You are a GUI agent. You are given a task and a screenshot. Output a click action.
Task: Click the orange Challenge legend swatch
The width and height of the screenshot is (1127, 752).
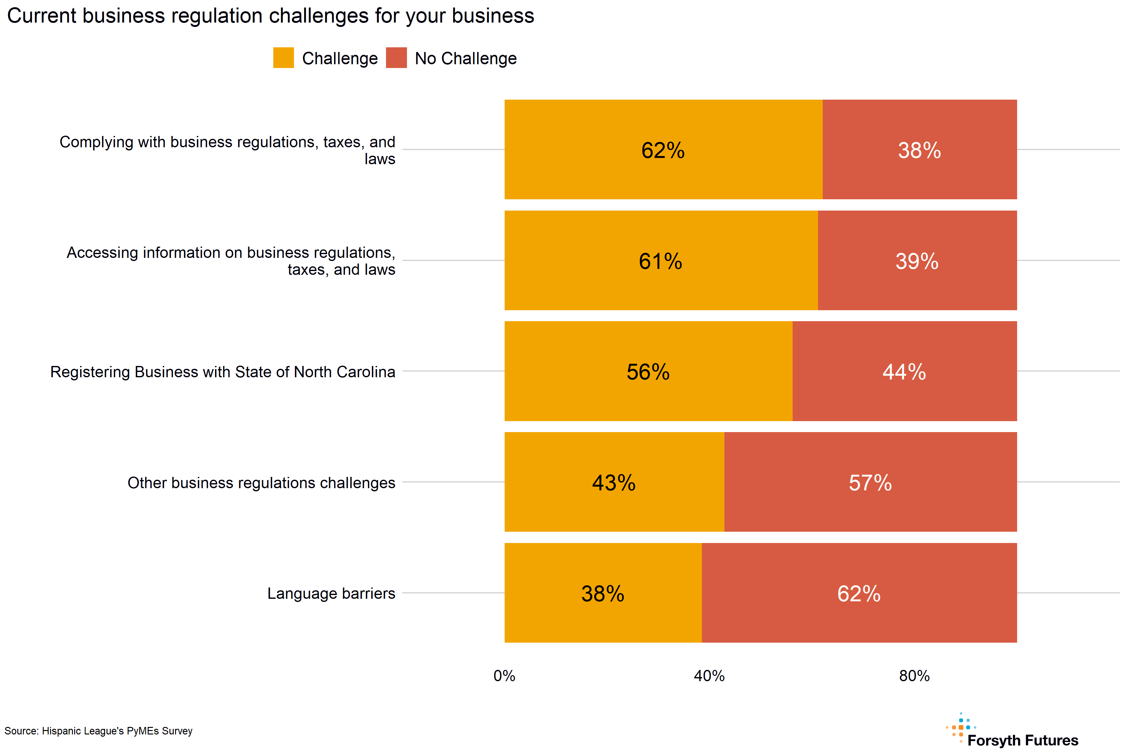coord(283,58)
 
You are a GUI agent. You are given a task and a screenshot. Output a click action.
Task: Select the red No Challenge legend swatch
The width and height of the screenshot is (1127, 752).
coord(396,58)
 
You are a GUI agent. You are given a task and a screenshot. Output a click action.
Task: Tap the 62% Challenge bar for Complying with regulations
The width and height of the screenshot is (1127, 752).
coord(663,150)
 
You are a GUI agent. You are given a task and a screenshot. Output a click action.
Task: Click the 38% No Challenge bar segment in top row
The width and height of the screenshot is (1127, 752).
coord(919,150)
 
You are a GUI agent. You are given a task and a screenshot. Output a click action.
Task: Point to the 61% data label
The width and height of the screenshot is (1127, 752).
coord(660,261)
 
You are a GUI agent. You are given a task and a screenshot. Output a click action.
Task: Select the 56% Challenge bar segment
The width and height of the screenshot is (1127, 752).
coord(648,371)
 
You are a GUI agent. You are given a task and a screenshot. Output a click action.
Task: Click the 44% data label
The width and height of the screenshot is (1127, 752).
coord(904,372)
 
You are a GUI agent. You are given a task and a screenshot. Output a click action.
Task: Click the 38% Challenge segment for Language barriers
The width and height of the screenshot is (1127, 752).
coord(603,593)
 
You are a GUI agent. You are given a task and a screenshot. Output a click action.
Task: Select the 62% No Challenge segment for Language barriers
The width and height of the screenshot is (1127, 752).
coord(859,593)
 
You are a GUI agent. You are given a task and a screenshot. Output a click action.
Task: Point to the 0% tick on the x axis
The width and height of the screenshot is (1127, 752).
coord(504,676)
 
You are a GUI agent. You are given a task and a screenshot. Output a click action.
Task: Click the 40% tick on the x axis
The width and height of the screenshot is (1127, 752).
coord(709,676)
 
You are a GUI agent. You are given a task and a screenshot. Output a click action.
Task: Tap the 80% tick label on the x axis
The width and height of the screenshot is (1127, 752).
coord(914,676)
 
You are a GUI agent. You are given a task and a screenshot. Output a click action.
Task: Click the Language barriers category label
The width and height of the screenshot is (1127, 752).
coord(331,593)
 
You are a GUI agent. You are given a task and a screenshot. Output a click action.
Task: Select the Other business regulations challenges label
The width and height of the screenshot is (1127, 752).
coord(261,483)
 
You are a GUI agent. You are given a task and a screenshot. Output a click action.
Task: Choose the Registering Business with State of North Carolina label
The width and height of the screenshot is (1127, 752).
coord(223,372)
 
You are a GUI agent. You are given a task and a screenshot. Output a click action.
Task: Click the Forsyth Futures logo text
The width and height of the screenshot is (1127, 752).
coord(1022,740)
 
